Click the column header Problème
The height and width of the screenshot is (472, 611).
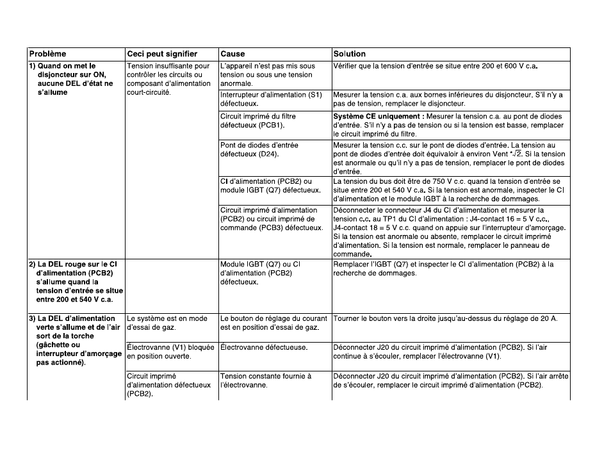pyautogui.click(x=47, y=54)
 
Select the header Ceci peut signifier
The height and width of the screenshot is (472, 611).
pyautogui.click(x=162, y=54)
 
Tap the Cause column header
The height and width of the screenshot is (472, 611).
pyautogui.click(x=232, y=54)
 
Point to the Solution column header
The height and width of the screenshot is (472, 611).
pyautogui.click(x=350, y=54)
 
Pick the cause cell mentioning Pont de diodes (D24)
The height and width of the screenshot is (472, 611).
pyautogui.click(x=259, y=150)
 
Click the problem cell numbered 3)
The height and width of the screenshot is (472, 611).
pyautogui.click(x=76, y=340)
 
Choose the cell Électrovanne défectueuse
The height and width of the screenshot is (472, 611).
pyautogui.click(x=264, y=347)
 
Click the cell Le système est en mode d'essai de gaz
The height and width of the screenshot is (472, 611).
pyautogui.click(x=167, y=323)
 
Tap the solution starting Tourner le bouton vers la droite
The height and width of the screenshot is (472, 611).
pyautogui.click(x=446, y=318)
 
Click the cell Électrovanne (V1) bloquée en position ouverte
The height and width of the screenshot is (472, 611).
pyautogui.click(x=170, y=352)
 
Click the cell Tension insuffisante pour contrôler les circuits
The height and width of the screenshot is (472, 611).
pyautogui.click(x=168, y=79)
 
